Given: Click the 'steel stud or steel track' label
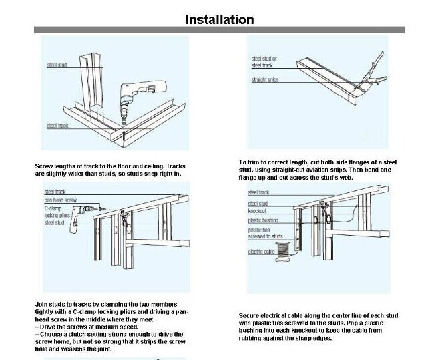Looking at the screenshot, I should [264, 62].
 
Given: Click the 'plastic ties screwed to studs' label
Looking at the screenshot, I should [266, 232].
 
